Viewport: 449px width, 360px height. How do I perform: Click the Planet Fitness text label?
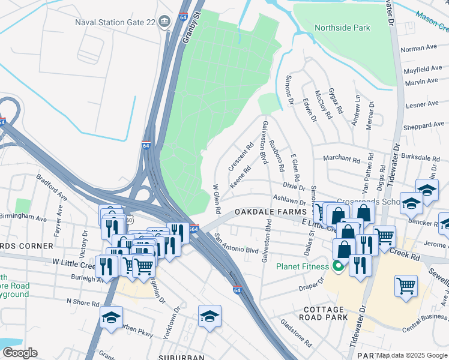(x=302, y=266)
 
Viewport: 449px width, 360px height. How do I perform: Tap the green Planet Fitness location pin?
(x=339, y=266)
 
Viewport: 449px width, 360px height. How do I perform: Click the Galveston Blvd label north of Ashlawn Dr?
(x=264, y=142)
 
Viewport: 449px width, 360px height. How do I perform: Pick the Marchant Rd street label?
(x=340, y=158)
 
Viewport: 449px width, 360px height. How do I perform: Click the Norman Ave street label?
(x=419, y=47)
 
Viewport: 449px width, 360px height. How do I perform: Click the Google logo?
(x=20, y=353)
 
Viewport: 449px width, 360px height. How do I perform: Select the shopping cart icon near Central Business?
(x=406, y=286)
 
